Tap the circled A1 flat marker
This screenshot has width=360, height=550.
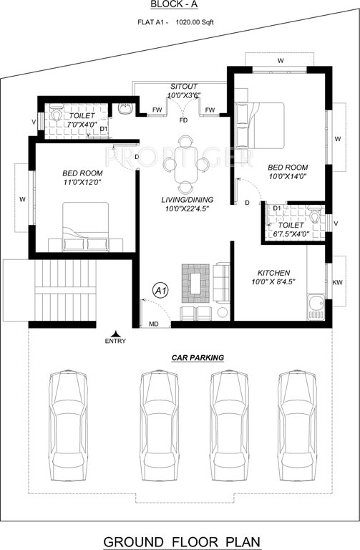[161, 291]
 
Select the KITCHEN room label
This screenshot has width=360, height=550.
[273, 273]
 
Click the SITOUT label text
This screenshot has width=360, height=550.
[185, 85]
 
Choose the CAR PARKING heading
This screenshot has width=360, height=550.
[198, 357]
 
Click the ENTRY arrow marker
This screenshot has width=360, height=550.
[115, 332]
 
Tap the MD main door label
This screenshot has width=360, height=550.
[153, 324]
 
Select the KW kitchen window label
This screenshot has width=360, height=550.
[337, 282]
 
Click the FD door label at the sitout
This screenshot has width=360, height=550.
[184, 120]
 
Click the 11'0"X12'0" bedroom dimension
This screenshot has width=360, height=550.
[82, 183]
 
